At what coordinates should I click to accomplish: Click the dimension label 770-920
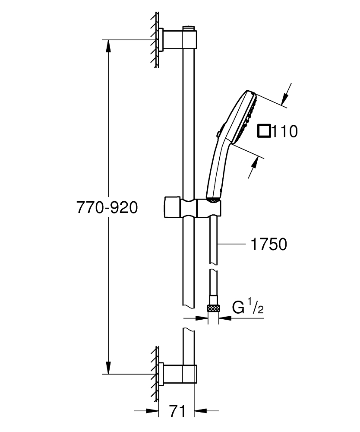pyautogui.click(x=107, y=208)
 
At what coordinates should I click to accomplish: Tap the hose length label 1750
pyautogui.click(x=268, y=245)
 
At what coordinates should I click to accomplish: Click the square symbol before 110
pyautogui.click(x=264, y=131)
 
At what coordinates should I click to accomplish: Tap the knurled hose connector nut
pyautogui.click(x=213, y=308)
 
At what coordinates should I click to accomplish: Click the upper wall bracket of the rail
pyautogui.click(x=177, y=40)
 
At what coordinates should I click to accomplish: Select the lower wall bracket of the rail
pyautogui.click(x=177, y=373)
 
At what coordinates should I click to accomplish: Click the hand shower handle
pyautogui.click(x=216, y=173)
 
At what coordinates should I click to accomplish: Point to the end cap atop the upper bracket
pyautogui.click(x=189, y=28)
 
